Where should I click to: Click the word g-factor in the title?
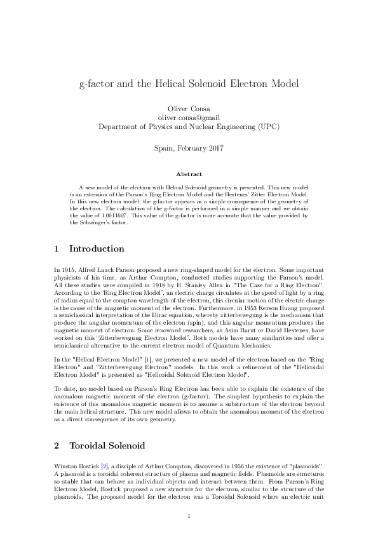(x=97, y=83)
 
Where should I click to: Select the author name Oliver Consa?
(x=189, y=109)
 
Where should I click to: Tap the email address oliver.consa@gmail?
(x=189, y=118)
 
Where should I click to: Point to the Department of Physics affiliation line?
(x=189, y=126)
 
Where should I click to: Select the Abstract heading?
(x=189, y=174)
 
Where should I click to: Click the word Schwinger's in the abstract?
(x=96, y=223)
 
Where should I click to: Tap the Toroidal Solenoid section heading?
(x=108, y=445)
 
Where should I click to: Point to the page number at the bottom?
(x=189, y=515)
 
